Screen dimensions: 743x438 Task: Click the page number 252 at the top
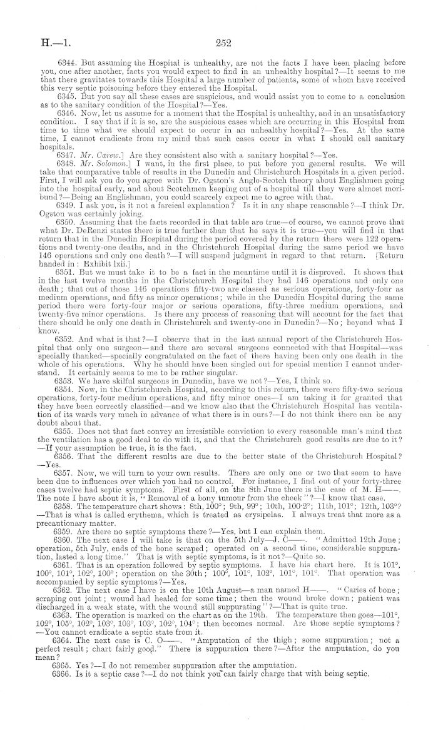(x=223, y=44)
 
